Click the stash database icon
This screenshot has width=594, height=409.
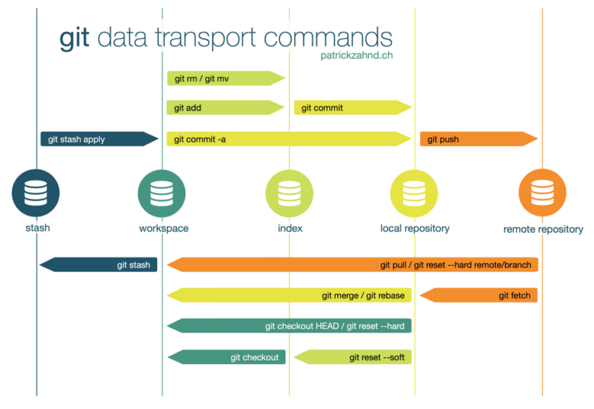(x=36, y=193)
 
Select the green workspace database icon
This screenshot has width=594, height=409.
(x=162, y=193)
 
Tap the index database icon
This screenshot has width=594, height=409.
(x=289, y=193)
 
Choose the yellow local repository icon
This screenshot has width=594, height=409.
(x=415, y=193)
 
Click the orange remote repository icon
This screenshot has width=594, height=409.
(x=542, y=193)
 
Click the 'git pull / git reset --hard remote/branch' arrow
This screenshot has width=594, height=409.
(x=352, y=265)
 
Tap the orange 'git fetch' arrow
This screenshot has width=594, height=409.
(x=479, y=295)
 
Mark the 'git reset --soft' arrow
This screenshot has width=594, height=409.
(x=353, y=357)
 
